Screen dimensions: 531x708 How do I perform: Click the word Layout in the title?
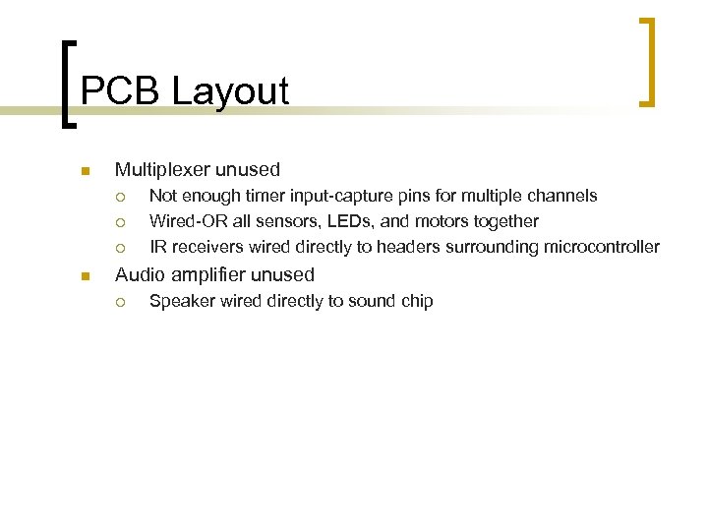pos(230,91)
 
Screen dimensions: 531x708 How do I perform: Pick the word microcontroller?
pos(601,247)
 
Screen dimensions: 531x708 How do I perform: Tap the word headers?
pos(426,247)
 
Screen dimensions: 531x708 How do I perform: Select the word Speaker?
pos(178,301)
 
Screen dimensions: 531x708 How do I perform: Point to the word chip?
pos(416,301)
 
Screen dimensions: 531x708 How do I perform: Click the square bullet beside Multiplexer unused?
pos(86,171)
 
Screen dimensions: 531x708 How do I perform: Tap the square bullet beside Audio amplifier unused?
pos(86,276)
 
